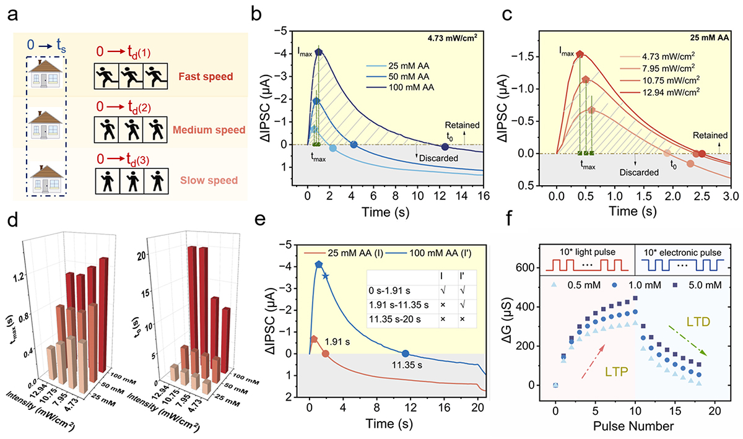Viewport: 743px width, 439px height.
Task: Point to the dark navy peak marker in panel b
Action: [319, 51]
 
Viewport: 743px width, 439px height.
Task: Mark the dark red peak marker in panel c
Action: [580, 54]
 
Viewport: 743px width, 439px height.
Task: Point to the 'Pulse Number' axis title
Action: [627, 428]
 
